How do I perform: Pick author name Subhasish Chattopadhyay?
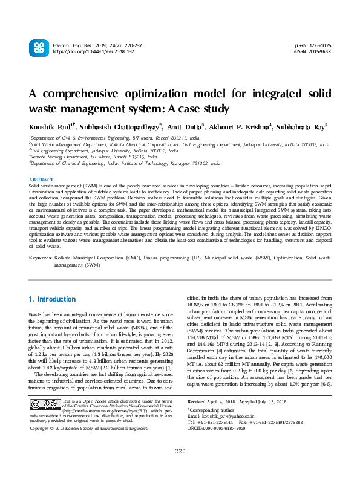(121, 128)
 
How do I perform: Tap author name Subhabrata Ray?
(300, 128)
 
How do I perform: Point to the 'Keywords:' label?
(41, 258)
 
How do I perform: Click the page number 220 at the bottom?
(180, 469)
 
